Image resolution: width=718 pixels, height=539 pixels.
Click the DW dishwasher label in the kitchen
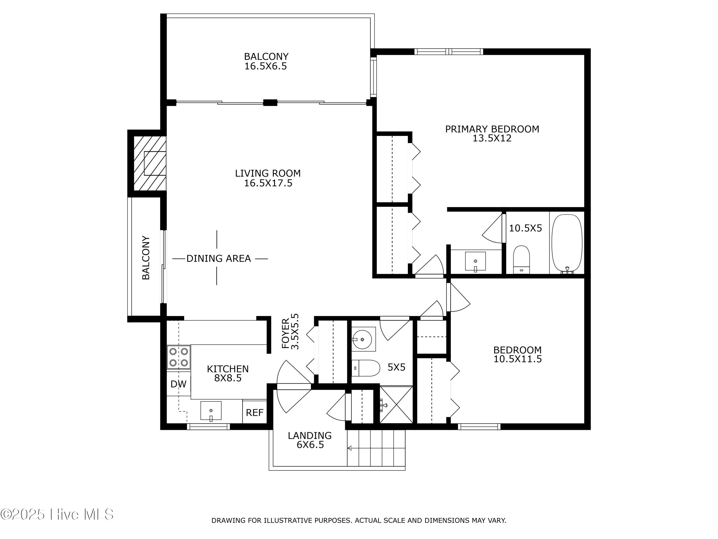pyautogui.click(x=178, y=384)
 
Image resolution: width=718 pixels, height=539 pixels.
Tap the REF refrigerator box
pyautogui.click(x=254, y=412)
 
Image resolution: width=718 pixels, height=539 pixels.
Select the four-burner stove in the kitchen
pyautogui.click(x=179, y=357)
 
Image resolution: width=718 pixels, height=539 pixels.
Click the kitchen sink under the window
pyautogui.click(x=211, y=411)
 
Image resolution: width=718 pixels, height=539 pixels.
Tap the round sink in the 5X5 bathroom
pyautogui.click(x=363, y=339)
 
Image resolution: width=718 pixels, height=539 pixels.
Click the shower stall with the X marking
pyautogui.click(x=396, y=405)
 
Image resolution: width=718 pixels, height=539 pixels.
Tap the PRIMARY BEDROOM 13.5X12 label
pyautogui.click(x=492, y=133)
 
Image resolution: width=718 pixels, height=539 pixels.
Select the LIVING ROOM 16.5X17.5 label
pyautogui.click(x=268, y=178)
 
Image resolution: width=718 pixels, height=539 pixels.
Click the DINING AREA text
pyautogui.click(x=219, y=259)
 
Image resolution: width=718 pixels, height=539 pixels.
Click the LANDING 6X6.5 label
pyautogui.click(x=310, y=440)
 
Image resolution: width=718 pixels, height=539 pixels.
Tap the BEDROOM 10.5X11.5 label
pyautogui.click(x=517, y=355)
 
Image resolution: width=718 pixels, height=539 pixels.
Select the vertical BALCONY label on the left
pyautogui.click(x=146, y=258)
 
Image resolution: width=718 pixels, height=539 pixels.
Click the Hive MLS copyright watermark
pyautogui.click(x=57, y=514)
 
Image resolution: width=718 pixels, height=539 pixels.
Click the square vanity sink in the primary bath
pyautogui.click(x=475, y=261)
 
